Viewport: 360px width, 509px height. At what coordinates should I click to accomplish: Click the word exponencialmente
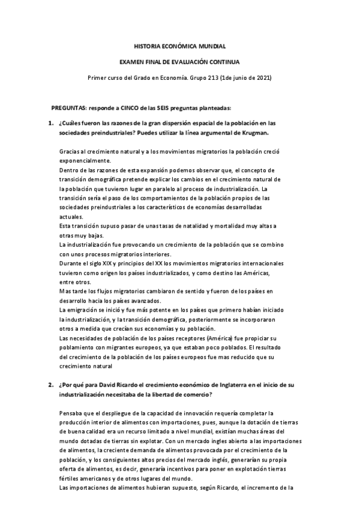click(85, 161)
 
